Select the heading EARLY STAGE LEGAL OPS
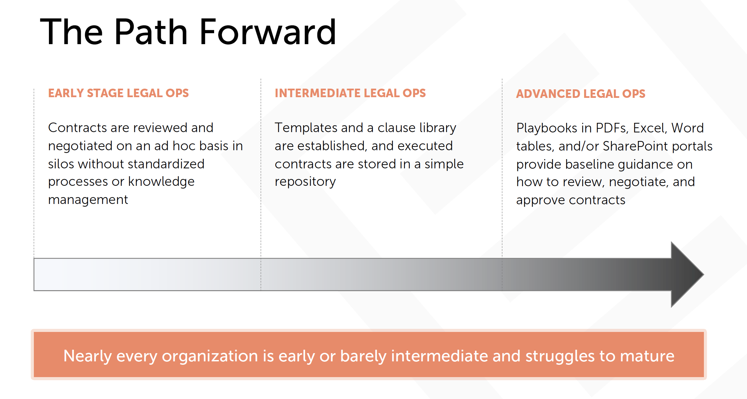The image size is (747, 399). [118, 93]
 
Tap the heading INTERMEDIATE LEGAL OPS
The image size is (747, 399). [350, 93]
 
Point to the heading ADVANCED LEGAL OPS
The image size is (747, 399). [581, 94]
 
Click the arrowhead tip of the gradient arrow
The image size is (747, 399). [703, 274]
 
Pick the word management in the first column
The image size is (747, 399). [88, 200]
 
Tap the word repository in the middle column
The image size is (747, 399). [305, 182]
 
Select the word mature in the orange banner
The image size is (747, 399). [647, 356]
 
